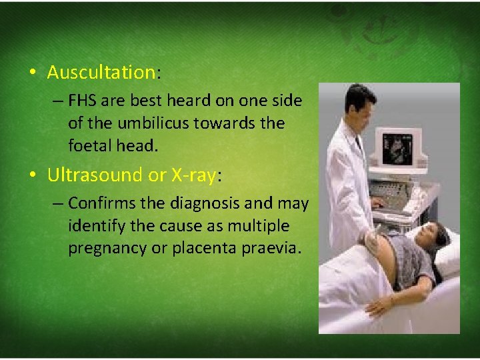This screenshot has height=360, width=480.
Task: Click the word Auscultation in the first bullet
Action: [x=101, y=72]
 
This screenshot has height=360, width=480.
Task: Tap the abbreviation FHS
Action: [x=83, y=101]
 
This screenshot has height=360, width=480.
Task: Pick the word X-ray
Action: [x=194, y=175]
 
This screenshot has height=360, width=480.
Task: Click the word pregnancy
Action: [x=103, y=248]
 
